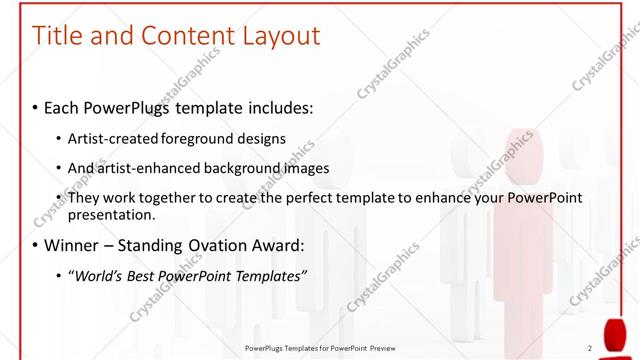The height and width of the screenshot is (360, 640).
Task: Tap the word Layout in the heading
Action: click(x=281, y=36)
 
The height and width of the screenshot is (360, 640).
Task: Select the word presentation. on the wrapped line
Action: click(x=111, y=215)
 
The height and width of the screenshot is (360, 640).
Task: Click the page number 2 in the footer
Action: click(x=590, y=348)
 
